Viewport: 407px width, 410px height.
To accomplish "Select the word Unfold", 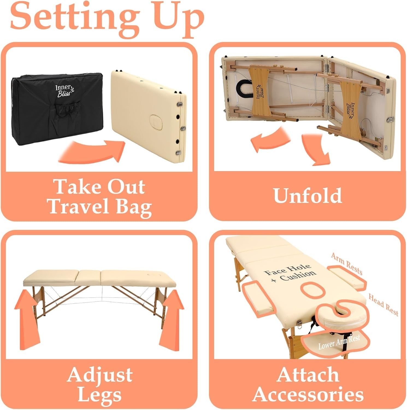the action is pyautogui.click(x=308, y=195).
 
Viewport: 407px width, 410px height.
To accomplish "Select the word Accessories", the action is pyautogui.click(x=308, y=394).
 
